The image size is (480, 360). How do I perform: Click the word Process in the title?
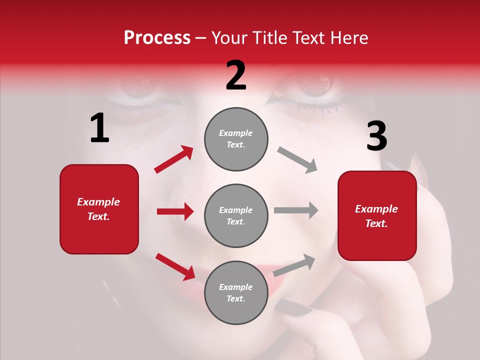tap(157, 38)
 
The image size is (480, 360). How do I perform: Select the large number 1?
tap(99, 128)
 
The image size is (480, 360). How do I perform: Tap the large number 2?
tap(236, 75)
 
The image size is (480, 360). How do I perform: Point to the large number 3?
tap(376, 136)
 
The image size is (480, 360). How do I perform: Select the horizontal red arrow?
tap(175, 211)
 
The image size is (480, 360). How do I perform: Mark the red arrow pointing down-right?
tap(175, 266)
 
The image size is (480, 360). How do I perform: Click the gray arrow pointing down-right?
tap(297, 160)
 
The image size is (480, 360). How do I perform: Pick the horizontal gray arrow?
tap(296, 210)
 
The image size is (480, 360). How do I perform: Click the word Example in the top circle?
tap(236, 133)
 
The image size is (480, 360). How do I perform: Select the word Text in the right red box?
tap(376, 223)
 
